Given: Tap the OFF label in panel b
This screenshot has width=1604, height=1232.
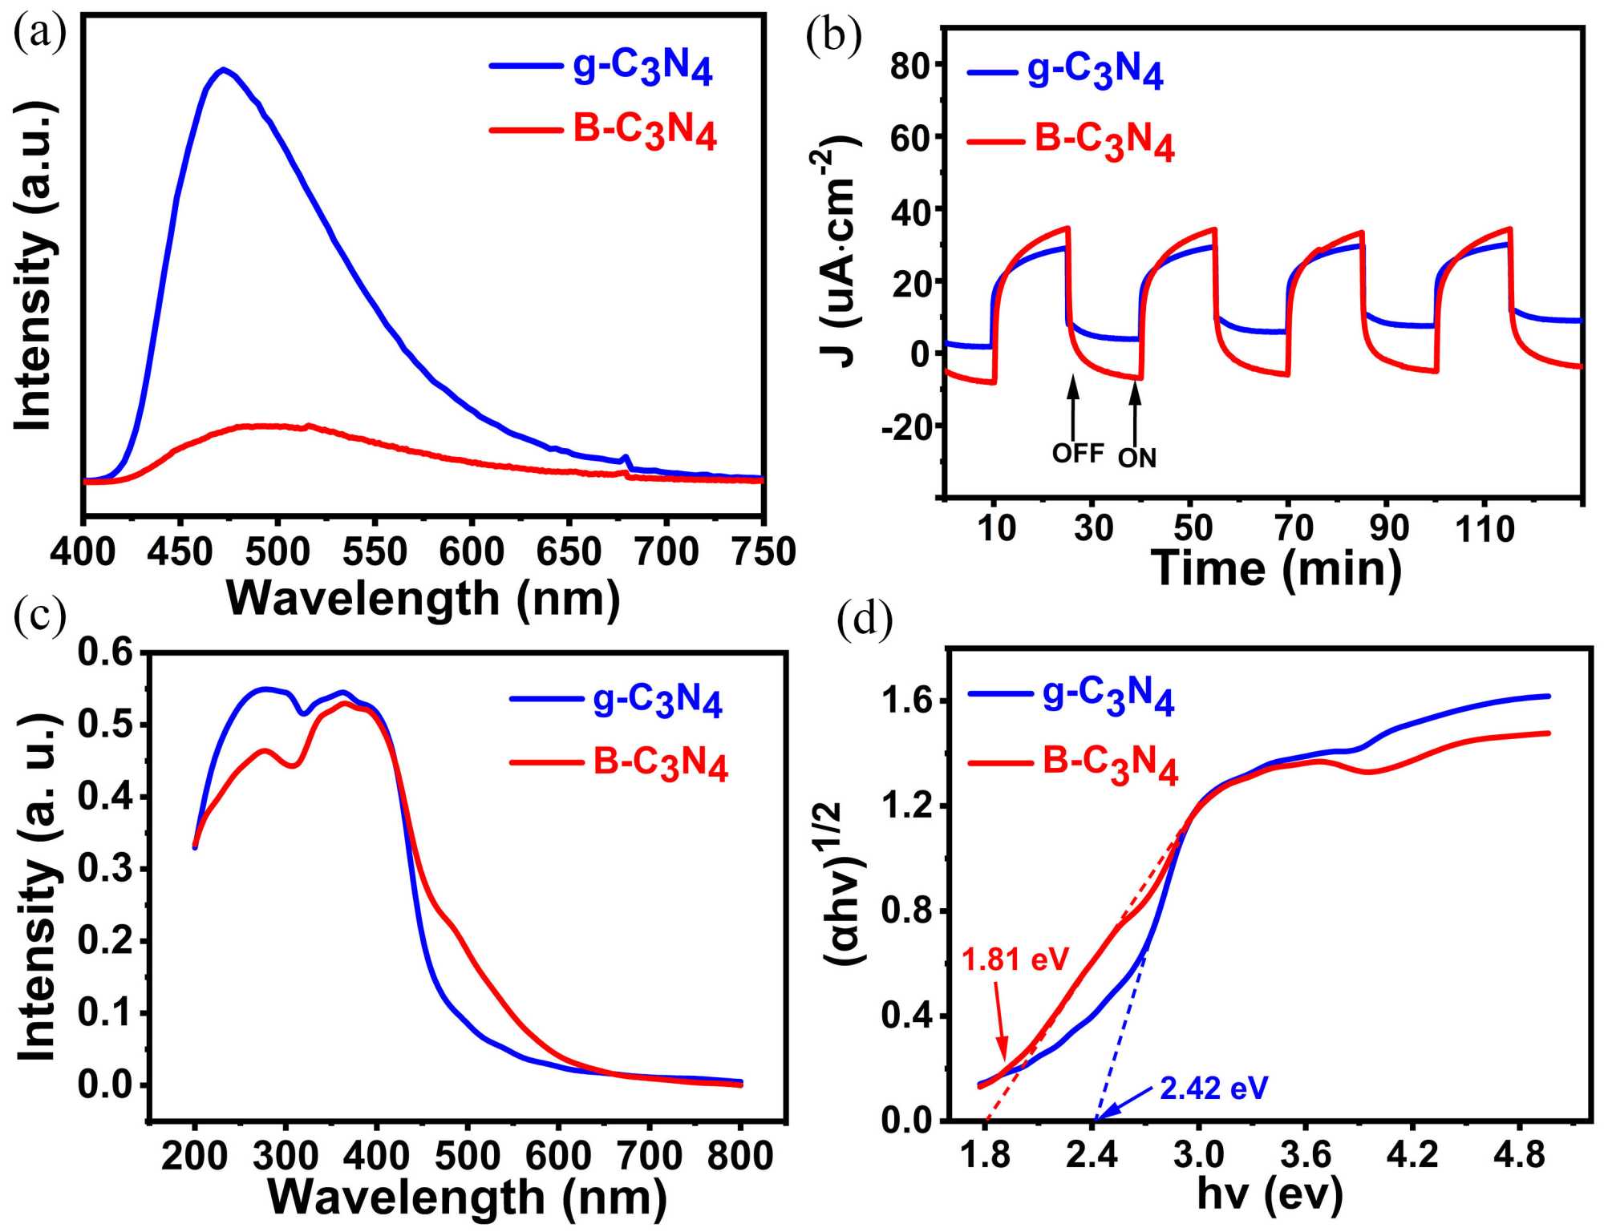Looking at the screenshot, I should (1078, 454).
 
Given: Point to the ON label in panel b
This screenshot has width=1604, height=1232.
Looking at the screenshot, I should (1137, 458).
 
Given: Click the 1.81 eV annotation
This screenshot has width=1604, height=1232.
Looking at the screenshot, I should (1015, 959).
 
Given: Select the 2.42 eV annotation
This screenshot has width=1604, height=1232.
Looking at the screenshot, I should (1214, 1089).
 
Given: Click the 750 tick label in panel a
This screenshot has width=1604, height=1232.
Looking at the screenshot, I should (764, 552).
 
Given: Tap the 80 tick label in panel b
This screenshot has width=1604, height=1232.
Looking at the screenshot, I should (910, 67).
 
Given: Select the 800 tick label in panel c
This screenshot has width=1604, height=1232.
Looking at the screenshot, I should (739, 1156).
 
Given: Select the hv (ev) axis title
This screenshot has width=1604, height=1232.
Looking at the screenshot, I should (1270, 1194).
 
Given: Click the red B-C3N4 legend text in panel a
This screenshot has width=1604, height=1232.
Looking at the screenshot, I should (644, 131).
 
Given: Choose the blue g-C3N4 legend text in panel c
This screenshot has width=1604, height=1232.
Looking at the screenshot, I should (658, 701).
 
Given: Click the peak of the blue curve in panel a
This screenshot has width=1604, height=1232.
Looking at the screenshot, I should (224, 69).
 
